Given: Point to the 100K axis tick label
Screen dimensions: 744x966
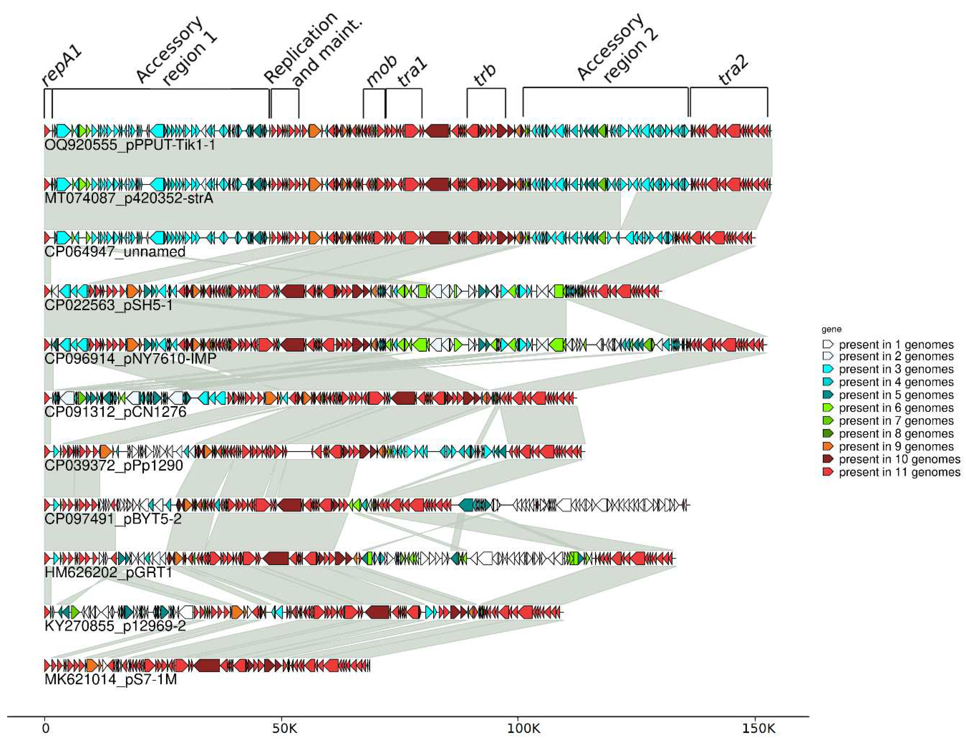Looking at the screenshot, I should pos(524,728).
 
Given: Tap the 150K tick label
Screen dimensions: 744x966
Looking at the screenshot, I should pos(758,728).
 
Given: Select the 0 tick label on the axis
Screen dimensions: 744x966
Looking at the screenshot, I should pos(45,728).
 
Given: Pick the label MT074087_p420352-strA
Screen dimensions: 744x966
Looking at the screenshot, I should pos(129,198).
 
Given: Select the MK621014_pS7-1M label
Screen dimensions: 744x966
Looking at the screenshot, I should pos(111,679).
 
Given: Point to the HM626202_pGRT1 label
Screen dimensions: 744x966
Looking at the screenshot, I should pos(108,572).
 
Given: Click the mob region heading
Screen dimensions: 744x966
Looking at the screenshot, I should pos(381,72).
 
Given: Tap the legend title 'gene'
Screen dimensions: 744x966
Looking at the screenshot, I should pos(831,329).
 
